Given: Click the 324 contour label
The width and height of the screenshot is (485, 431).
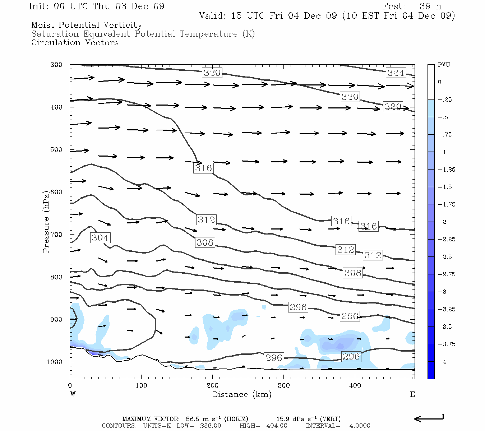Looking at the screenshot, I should [396, 73].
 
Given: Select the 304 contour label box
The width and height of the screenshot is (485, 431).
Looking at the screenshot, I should [100, 238].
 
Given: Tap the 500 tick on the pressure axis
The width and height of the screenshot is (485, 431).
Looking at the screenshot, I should [56, 150].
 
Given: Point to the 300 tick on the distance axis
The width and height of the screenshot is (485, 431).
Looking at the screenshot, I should [284, 385].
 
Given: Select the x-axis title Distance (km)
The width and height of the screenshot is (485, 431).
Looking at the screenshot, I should [242, 394].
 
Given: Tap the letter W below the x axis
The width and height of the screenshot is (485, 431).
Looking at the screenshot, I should [73, 394].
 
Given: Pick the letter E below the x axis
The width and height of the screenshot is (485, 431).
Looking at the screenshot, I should [412, 394].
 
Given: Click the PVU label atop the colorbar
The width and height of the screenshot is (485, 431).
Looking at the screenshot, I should [444, 65].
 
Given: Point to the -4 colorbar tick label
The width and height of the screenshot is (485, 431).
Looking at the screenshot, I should [442, 362].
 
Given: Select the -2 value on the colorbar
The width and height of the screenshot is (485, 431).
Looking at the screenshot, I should [442, 222].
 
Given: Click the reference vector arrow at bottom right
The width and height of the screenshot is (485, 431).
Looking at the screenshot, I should [429, 418].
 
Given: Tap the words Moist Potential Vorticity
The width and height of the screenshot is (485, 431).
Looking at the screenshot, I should [87, 25].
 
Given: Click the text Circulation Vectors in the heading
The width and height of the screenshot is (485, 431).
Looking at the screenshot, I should [75, 43].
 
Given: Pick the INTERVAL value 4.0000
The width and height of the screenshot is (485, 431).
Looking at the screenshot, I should [360, 426].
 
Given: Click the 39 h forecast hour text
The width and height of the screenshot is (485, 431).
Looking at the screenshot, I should [430, 6].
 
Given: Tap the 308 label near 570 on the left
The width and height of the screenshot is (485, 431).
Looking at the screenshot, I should [205, 243].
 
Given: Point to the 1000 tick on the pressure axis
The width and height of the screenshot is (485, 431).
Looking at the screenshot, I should [54, 362].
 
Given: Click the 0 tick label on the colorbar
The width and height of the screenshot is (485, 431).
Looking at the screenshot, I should [440, 82].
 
